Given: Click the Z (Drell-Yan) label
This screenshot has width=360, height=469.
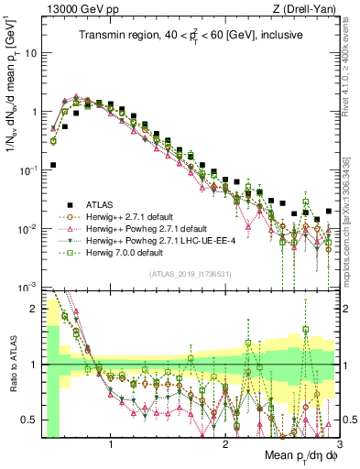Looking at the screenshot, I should [x=308, y=9].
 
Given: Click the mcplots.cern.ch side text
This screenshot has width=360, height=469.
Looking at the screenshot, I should [x=353, y=229].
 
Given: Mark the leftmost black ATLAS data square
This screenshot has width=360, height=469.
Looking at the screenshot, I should [x=53, y=165].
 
